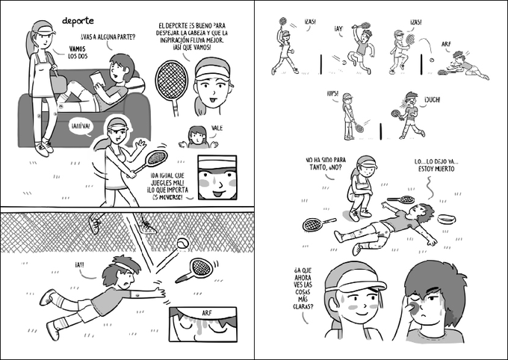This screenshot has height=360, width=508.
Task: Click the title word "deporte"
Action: coord(78,21)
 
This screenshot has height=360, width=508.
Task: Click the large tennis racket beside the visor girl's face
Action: coord(172,86)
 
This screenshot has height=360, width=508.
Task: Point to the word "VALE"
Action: coord(217,128)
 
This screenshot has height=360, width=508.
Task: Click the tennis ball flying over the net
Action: coord(183,243)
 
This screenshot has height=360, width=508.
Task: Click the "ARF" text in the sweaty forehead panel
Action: coord(207,314)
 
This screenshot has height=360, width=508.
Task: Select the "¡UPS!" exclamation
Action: coord(332,93)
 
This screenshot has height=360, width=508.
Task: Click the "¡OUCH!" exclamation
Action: coord(433,100)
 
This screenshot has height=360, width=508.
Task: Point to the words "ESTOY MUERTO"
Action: coord(436,169)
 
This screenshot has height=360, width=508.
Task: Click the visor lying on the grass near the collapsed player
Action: coord(447,219)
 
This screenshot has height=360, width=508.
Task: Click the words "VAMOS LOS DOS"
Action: coord(78,52)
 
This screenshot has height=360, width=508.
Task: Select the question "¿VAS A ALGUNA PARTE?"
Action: coord(108,37)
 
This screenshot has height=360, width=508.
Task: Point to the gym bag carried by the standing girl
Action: coord(58,84)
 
